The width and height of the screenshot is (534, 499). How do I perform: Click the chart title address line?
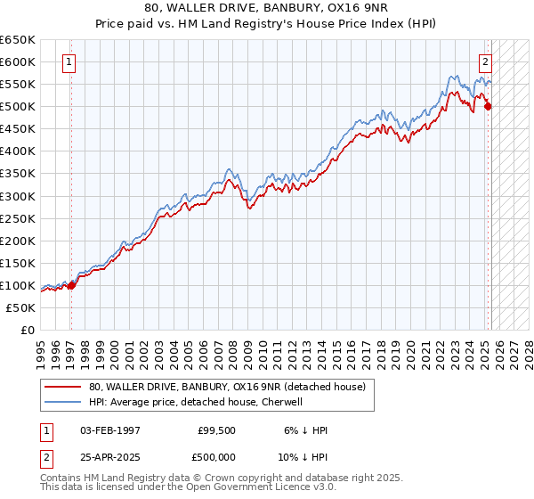[266, 8]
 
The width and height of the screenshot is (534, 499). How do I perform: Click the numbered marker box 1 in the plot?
[69, 62]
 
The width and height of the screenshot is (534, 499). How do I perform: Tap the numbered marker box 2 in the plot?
[486, 62]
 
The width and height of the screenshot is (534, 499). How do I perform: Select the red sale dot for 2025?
[488, 107]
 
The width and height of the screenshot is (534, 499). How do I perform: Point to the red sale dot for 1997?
[72, 285]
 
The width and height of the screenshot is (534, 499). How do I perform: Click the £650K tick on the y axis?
[18, 40]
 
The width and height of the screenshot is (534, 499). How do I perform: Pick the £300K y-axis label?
[18, 196]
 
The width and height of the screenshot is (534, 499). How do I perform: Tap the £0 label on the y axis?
[27, 330]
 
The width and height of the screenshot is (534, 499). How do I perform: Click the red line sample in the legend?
[63, 387]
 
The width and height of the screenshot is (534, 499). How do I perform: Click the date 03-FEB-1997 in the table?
[110, 430]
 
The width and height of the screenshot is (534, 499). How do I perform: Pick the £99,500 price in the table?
[217, 430]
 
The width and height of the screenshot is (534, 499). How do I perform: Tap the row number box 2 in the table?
[45, 459]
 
